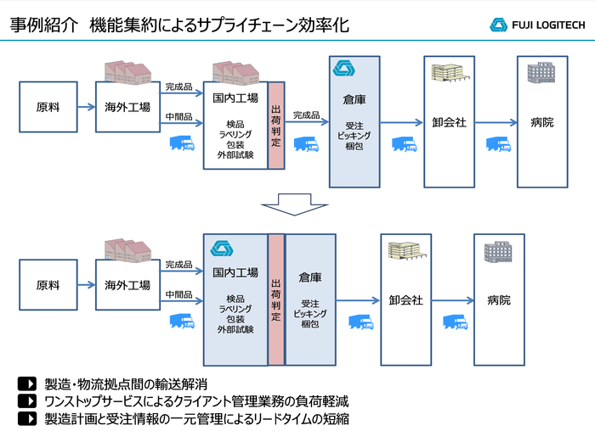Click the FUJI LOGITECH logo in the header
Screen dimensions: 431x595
point(536,25)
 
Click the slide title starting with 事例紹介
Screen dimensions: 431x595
point(179,25)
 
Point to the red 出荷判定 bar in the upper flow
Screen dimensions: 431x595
point(276,125)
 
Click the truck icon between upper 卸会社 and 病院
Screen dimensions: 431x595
point(497,145)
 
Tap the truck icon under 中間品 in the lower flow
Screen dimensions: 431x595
point(182,322)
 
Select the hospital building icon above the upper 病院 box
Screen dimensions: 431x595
point(541,73)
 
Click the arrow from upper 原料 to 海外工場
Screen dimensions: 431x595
point(85,108)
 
